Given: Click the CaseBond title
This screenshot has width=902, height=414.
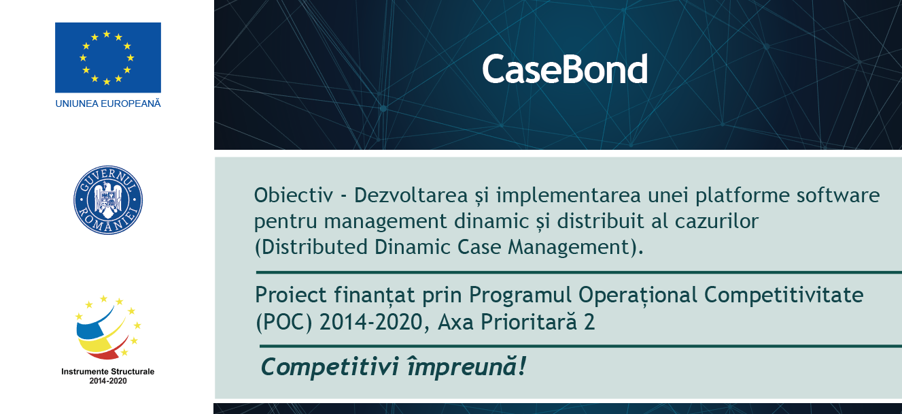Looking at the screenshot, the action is pyautogui.click(x=565, y=69).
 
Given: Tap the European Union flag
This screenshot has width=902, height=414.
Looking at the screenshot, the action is pyautogui.click(x=108, y=57).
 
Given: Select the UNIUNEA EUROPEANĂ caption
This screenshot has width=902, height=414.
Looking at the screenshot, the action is pyautogui.click(x=108, y=103).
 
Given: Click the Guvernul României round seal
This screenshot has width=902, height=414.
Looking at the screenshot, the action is pyautogui.click(x=108, y=200).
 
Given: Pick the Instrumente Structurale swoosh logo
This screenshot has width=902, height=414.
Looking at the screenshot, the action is pyautogui.click(x=108, y=327).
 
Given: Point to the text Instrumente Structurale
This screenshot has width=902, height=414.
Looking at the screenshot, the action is pyautogui.click(x=108, y=371).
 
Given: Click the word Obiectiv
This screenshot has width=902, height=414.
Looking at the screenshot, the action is pyautogui.click(x=294, y=195).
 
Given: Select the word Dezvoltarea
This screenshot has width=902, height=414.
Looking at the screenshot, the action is pyautogui.click(x=411, y=195).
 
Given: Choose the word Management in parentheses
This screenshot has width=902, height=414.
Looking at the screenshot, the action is pyautogui.click(x=568, y=247).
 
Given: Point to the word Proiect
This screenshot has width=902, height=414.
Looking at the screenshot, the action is pyautogui.click(x=291, y=296).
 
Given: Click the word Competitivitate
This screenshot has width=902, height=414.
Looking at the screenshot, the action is pyautogui.click(x=784, y=295).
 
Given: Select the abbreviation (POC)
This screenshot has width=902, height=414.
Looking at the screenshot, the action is pyautogui.click(x=284, y=322).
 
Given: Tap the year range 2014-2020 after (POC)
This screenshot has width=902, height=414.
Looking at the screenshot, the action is pyautogui.click(x=371, y=322).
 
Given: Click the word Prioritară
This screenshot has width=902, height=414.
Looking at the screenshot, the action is pyautogui.click(x=529, y=321).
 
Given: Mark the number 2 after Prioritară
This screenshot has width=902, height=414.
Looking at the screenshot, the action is pyautogui.click(x=589, y=322).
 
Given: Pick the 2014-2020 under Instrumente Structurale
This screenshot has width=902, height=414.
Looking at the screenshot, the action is pyautogui.click(x=108, y=381).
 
